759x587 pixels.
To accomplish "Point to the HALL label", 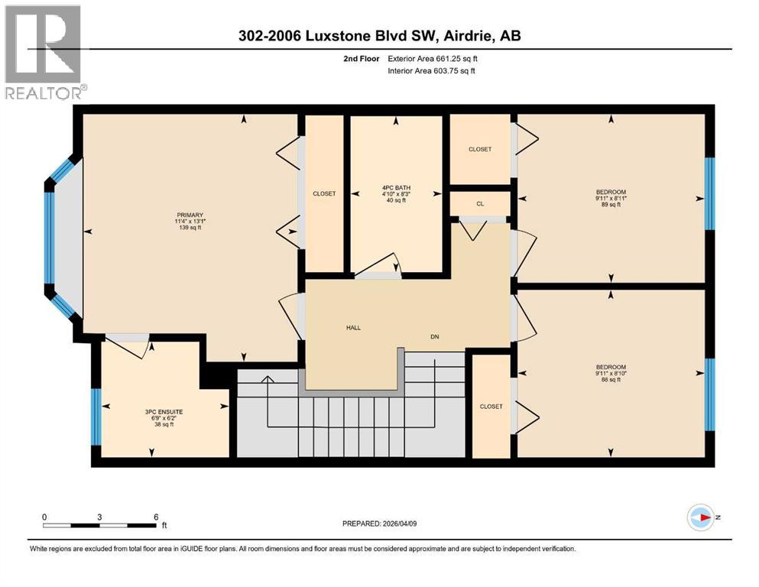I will coord(352,328).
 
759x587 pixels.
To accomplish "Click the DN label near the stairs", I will coord(434,336).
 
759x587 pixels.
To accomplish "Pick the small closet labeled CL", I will coord(479,204).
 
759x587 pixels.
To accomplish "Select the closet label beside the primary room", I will coord(324,194).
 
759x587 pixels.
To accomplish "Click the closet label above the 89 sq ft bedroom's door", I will coord(479,150).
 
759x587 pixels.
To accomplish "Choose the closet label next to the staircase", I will coord(491,407).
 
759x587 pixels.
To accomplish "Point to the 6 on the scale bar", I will coord(156,517).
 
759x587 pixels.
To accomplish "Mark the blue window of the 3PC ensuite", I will coord(96,417).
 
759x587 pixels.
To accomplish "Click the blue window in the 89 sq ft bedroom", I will coord(709,194).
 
